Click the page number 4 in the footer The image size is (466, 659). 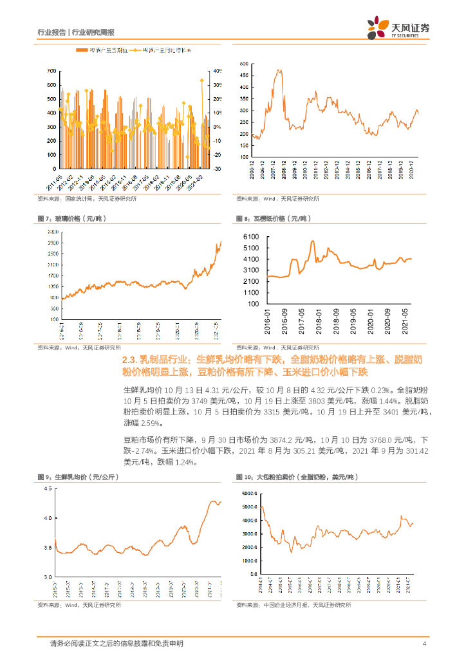[x=424, y=644]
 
